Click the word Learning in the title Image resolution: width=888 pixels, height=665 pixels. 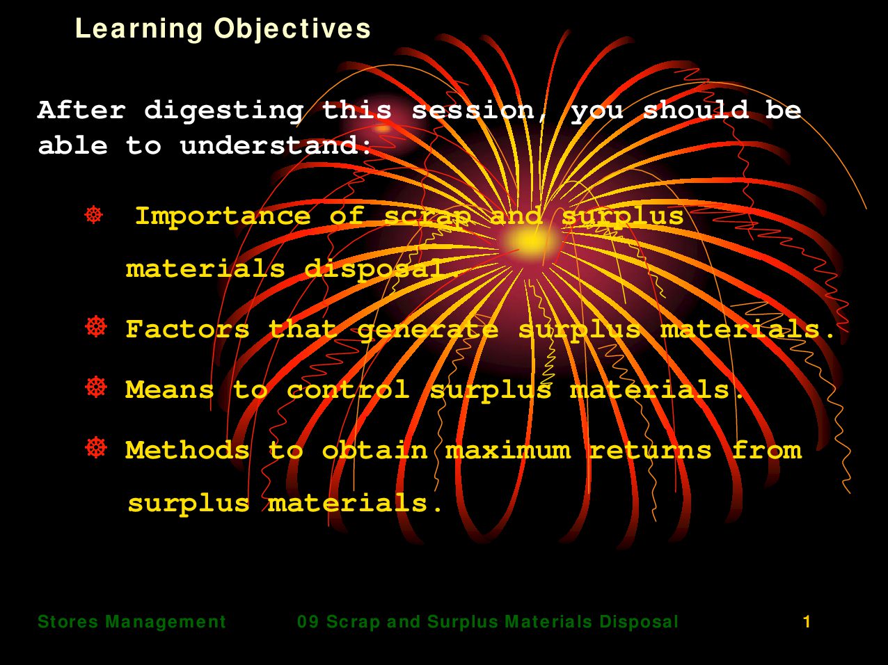(x=138, y=29)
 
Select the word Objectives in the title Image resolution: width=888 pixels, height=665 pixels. (x=292, y=29)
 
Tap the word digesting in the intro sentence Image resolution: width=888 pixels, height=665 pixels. (x=223, y=111)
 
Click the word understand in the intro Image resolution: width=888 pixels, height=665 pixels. (x=269, y=145)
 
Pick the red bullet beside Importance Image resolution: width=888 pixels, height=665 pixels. (x=94, y=215)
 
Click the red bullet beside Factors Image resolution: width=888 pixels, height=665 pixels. (x=96, y=327)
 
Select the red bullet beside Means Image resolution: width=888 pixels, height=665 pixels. (x=96, y=387)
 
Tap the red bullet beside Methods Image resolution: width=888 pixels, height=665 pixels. (x=96, y=447)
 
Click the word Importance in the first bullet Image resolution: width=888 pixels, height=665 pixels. (x=223, y=217)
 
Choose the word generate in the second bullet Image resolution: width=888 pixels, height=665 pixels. (x=427, y=330)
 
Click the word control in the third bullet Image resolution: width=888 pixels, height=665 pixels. (x=349, y=390)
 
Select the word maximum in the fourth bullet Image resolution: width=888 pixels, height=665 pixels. (x=509, y=451)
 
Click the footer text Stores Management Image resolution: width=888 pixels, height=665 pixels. (x=132, y=622)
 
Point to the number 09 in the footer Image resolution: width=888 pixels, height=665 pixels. (x=308, y=622)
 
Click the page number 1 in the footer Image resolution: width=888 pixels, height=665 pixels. (x=807, y=622)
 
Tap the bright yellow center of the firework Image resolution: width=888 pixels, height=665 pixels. (x=530, y=241)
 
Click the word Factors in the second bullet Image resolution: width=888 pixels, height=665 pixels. (x=188, y=329)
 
